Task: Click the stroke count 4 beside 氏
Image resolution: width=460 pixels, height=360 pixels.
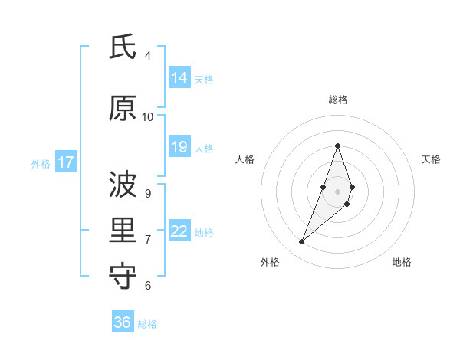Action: coord(148,56)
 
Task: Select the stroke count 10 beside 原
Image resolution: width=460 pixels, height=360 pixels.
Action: coord(148,116)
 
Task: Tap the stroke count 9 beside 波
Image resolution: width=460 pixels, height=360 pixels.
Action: coord(148,193)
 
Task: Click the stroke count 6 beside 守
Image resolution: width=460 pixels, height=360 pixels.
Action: coord(148,285)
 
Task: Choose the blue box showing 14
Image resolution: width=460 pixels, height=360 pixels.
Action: coord(179,78)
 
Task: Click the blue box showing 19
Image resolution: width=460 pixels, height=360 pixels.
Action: coord(179,147)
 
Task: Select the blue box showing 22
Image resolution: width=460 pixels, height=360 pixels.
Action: coord(179,231)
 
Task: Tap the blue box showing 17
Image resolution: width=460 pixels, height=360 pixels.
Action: coord(65,162)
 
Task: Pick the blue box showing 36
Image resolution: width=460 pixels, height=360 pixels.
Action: coord(122,322)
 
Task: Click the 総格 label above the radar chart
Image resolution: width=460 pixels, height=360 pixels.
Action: coord(338,100)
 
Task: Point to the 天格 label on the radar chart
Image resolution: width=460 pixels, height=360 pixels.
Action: coord(431,159)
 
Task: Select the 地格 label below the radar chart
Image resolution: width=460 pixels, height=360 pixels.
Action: coord(402,262)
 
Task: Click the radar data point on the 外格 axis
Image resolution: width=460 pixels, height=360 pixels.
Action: coord(301,242)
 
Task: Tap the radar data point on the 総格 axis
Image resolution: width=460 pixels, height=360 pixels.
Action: coord(338,146)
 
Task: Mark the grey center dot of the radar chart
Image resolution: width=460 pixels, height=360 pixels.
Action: coord(338,191)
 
